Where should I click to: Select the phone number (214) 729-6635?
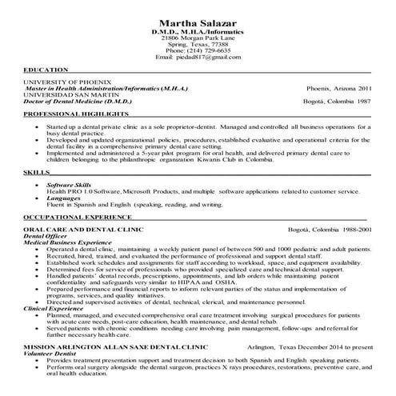pyautogui.click(x=197, y=50)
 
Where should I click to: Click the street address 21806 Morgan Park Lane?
pyautogui.click(x=197, y=38)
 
